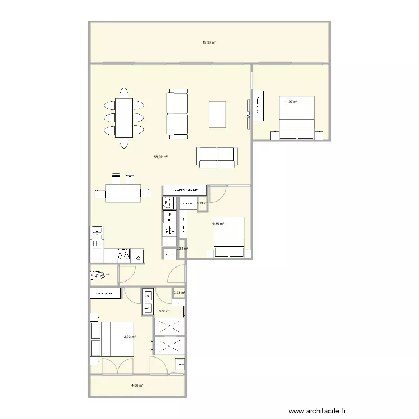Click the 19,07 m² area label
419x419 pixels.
(x=209, y=42)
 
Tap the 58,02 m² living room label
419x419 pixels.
(x=161, y=157)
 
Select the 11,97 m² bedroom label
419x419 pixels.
(x=291, y=102)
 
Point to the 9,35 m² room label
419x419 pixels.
(x=218, y=224)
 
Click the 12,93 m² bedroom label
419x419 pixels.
(x=129, y=336)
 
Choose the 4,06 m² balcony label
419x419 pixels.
(x=137, y=385)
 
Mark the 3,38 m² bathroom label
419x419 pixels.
(x=164, y=312)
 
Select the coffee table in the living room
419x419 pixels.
(x=217, y=115)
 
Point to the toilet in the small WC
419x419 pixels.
(x=98, y=274)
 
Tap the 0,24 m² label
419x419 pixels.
(x=203, y=204)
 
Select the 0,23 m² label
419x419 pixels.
(x=179, y=293)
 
